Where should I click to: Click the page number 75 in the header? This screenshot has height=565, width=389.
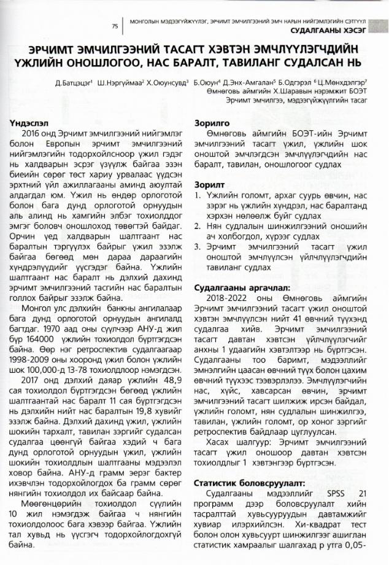115,26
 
